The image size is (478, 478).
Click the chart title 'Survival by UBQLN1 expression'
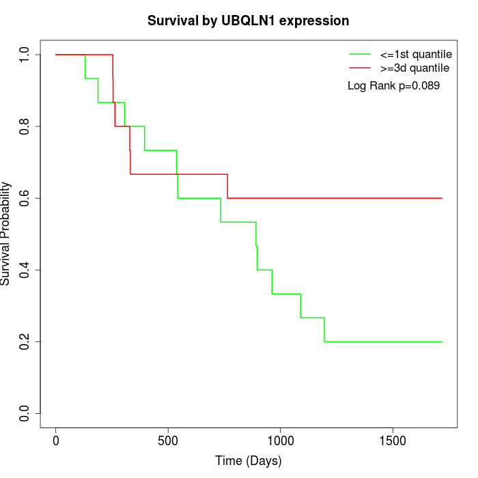(248, 21)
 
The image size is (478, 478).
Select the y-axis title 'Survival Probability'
(6, 234)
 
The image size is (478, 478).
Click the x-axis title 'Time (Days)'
(248, 461)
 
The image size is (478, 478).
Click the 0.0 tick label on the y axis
(25, 413)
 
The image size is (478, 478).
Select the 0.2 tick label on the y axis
(25, 341)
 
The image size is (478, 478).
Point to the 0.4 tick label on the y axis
(25, 270)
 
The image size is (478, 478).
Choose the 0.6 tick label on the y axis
(25, 198)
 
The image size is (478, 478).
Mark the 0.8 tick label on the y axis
(25, 126)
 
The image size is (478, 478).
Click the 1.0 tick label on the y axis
(25, 55)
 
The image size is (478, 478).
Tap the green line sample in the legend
(360, 54)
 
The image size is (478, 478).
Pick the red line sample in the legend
(360, 68)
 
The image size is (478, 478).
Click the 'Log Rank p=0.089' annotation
(393, 86)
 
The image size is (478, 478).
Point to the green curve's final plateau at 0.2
(382, 341)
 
